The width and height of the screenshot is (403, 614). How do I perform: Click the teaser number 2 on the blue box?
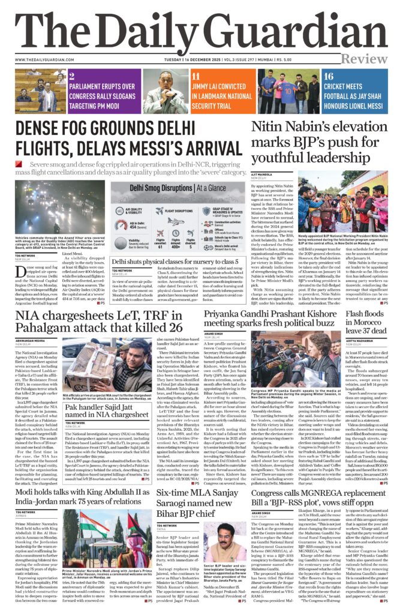coord(71,76)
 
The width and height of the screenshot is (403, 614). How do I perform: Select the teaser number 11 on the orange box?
coord(196,76)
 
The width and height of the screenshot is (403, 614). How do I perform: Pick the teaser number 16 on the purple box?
coord(328,76)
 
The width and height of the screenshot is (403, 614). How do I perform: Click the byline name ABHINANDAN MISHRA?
coord(32,341)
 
